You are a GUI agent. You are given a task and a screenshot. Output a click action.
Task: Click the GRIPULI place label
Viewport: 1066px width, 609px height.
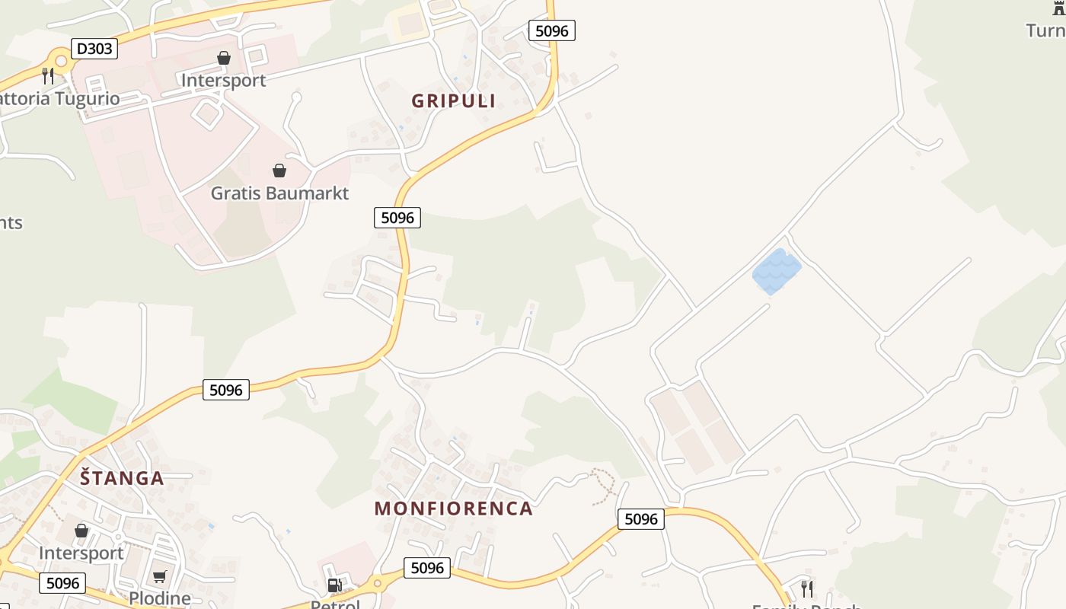(453, 100)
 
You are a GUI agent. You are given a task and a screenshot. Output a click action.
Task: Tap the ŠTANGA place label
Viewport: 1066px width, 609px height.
(122, 478)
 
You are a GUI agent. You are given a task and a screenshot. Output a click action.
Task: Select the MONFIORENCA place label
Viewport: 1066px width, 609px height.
(453, 509)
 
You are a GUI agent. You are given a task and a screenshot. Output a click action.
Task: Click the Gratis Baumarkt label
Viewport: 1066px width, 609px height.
(279, 193)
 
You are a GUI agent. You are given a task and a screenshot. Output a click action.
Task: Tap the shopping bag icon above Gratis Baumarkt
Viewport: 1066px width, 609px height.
(279, 171)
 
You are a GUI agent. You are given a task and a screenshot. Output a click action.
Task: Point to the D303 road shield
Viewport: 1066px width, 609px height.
(94, 49)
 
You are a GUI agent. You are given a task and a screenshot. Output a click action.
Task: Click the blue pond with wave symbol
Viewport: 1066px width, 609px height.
(777, 271)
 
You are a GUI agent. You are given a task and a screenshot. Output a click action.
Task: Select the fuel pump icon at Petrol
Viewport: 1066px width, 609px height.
(334, 585)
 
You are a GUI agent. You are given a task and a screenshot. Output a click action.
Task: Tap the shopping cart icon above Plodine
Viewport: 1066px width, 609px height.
(159, 576)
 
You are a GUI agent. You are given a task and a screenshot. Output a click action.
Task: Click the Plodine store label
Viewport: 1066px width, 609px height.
(159, 598)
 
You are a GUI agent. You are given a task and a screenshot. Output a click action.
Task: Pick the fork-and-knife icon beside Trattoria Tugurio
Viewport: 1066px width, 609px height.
(48, 75)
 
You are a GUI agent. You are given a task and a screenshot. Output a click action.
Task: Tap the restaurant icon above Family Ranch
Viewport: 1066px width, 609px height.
(807, 588)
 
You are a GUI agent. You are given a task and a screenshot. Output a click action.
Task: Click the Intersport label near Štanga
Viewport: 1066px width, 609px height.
(81, 553)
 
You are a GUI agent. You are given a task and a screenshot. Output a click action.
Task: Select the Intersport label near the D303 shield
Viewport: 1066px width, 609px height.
(223, 80)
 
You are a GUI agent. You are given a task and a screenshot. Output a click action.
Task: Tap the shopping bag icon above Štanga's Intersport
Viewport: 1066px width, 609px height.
(81, 531)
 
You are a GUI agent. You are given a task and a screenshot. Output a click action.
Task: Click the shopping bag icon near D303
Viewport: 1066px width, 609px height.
(224, 58)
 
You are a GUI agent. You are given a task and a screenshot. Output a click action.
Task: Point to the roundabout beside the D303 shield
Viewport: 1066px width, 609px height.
(60, 60)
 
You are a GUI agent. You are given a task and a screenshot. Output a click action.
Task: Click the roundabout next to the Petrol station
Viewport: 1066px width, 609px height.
(377, 584)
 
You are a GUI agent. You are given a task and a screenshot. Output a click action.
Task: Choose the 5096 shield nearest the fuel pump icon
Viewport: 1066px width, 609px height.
(426, 568)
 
